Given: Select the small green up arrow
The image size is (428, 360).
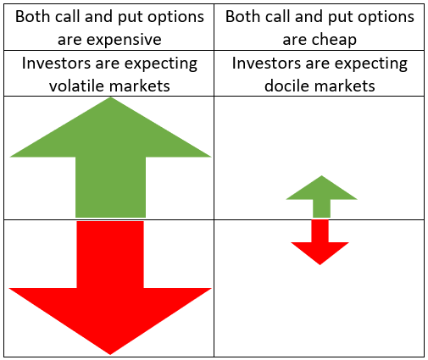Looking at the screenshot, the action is coord(321,197).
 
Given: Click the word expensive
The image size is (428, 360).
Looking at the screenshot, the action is coord(124,40).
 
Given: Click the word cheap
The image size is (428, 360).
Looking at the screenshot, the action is coord(334,40).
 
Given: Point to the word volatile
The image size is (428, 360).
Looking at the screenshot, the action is coord(75,86).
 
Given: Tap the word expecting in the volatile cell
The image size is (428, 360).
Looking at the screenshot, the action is coord(161,64).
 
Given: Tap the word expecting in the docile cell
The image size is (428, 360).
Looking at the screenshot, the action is coord(371,64).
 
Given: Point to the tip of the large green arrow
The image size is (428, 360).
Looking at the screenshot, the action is coord(110,97).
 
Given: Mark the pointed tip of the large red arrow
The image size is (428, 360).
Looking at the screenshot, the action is coord(110,355).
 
